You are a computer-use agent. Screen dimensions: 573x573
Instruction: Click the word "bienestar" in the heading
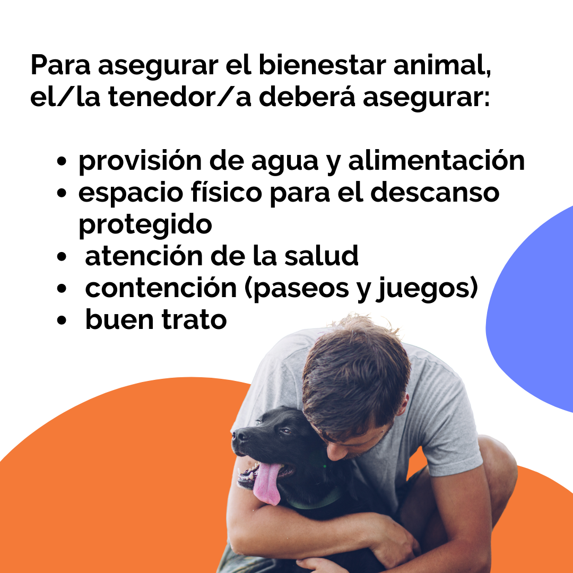tap(323, 65)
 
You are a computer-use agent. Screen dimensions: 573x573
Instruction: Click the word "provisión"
tap(140, 161)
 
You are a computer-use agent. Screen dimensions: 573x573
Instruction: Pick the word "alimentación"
tap(436, 161)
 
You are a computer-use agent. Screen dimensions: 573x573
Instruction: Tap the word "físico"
tap(226, 192)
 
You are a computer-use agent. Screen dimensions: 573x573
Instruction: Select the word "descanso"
tap(435, 192)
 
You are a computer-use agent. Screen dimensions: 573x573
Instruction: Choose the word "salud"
tap(322, 256)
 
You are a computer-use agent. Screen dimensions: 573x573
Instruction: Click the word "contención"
tap(161, 288)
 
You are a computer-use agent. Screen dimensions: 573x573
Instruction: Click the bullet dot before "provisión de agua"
tap(62, 161)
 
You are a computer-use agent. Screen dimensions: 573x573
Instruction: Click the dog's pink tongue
tap(266, 483)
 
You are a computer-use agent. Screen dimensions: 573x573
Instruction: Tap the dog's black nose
tap(238, 435)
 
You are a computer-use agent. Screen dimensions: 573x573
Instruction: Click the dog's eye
tap(284, 431)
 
